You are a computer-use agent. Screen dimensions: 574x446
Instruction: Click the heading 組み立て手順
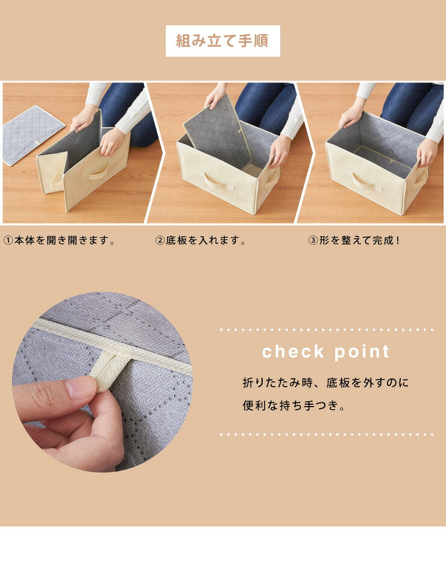click(x=222, y=41)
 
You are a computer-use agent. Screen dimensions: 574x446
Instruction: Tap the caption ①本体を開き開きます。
click(x=59, y=241)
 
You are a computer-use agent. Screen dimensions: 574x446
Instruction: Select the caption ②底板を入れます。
click(x=201, y=241)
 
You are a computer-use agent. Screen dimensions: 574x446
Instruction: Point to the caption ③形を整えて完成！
click(x=354, y=241)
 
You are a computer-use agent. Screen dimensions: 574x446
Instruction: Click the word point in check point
click(x=360, y=352)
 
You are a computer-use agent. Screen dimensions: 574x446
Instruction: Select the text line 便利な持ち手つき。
click(x=295, y=406)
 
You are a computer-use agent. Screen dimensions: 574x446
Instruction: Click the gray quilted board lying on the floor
click(x=33, y=134)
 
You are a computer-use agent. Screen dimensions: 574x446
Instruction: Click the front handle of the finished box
click(x=367, y=181)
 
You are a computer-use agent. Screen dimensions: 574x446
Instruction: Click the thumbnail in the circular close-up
click(x=81, y=387)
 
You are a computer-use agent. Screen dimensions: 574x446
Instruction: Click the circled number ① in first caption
click(x=8, y=241)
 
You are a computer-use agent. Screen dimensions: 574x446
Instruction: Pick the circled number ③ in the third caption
click(x=313, y=241)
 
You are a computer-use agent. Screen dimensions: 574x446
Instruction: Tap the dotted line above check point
click(x=326, y=330)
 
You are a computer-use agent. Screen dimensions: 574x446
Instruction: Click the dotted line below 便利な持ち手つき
click(x=326, y=434)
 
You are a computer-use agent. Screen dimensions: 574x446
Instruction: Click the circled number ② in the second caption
click(x=160, y=241)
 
